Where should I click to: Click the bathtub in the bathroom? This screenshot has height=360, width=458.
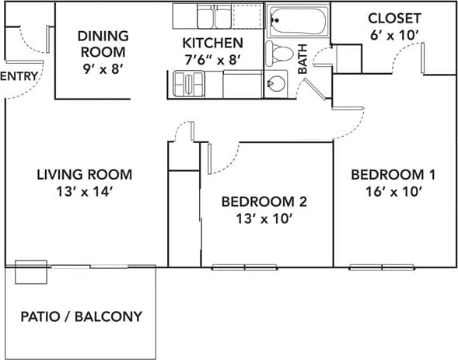click(298, 22)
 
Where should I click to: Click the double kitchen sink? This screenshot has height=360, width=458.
click(208, 17)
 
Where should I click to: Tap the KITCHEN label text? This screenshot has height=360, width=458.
click(212, 43)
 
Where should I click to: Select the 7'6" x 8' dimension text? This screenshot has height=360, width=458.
click(212, 59)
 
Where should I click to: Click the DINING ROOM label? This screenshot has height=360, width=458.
click(103, 44)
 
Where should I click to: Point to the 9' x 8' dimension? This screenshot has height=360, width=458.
click(103, 68)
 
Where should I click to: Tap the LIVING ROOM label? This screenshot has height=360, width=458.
click(84, 174)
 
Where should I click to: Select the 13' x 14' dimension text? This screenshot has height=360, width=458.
click(84, 191)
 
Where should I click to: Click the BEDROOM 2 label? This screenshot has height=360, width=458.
click(264, 201)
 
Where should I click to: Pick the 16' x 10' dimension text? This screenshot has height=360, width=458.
click(392, 191)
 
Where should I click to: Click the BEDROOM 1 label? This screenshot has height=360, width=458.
click(392, 174)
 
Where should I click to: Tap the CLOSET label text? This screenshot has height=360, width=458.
click(394, 18)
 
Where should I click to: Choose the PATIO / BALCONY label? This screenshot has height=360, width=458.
click(81, 316)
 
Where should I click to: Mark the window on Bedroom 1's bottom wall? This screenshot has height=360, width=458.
click(382, 267)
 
